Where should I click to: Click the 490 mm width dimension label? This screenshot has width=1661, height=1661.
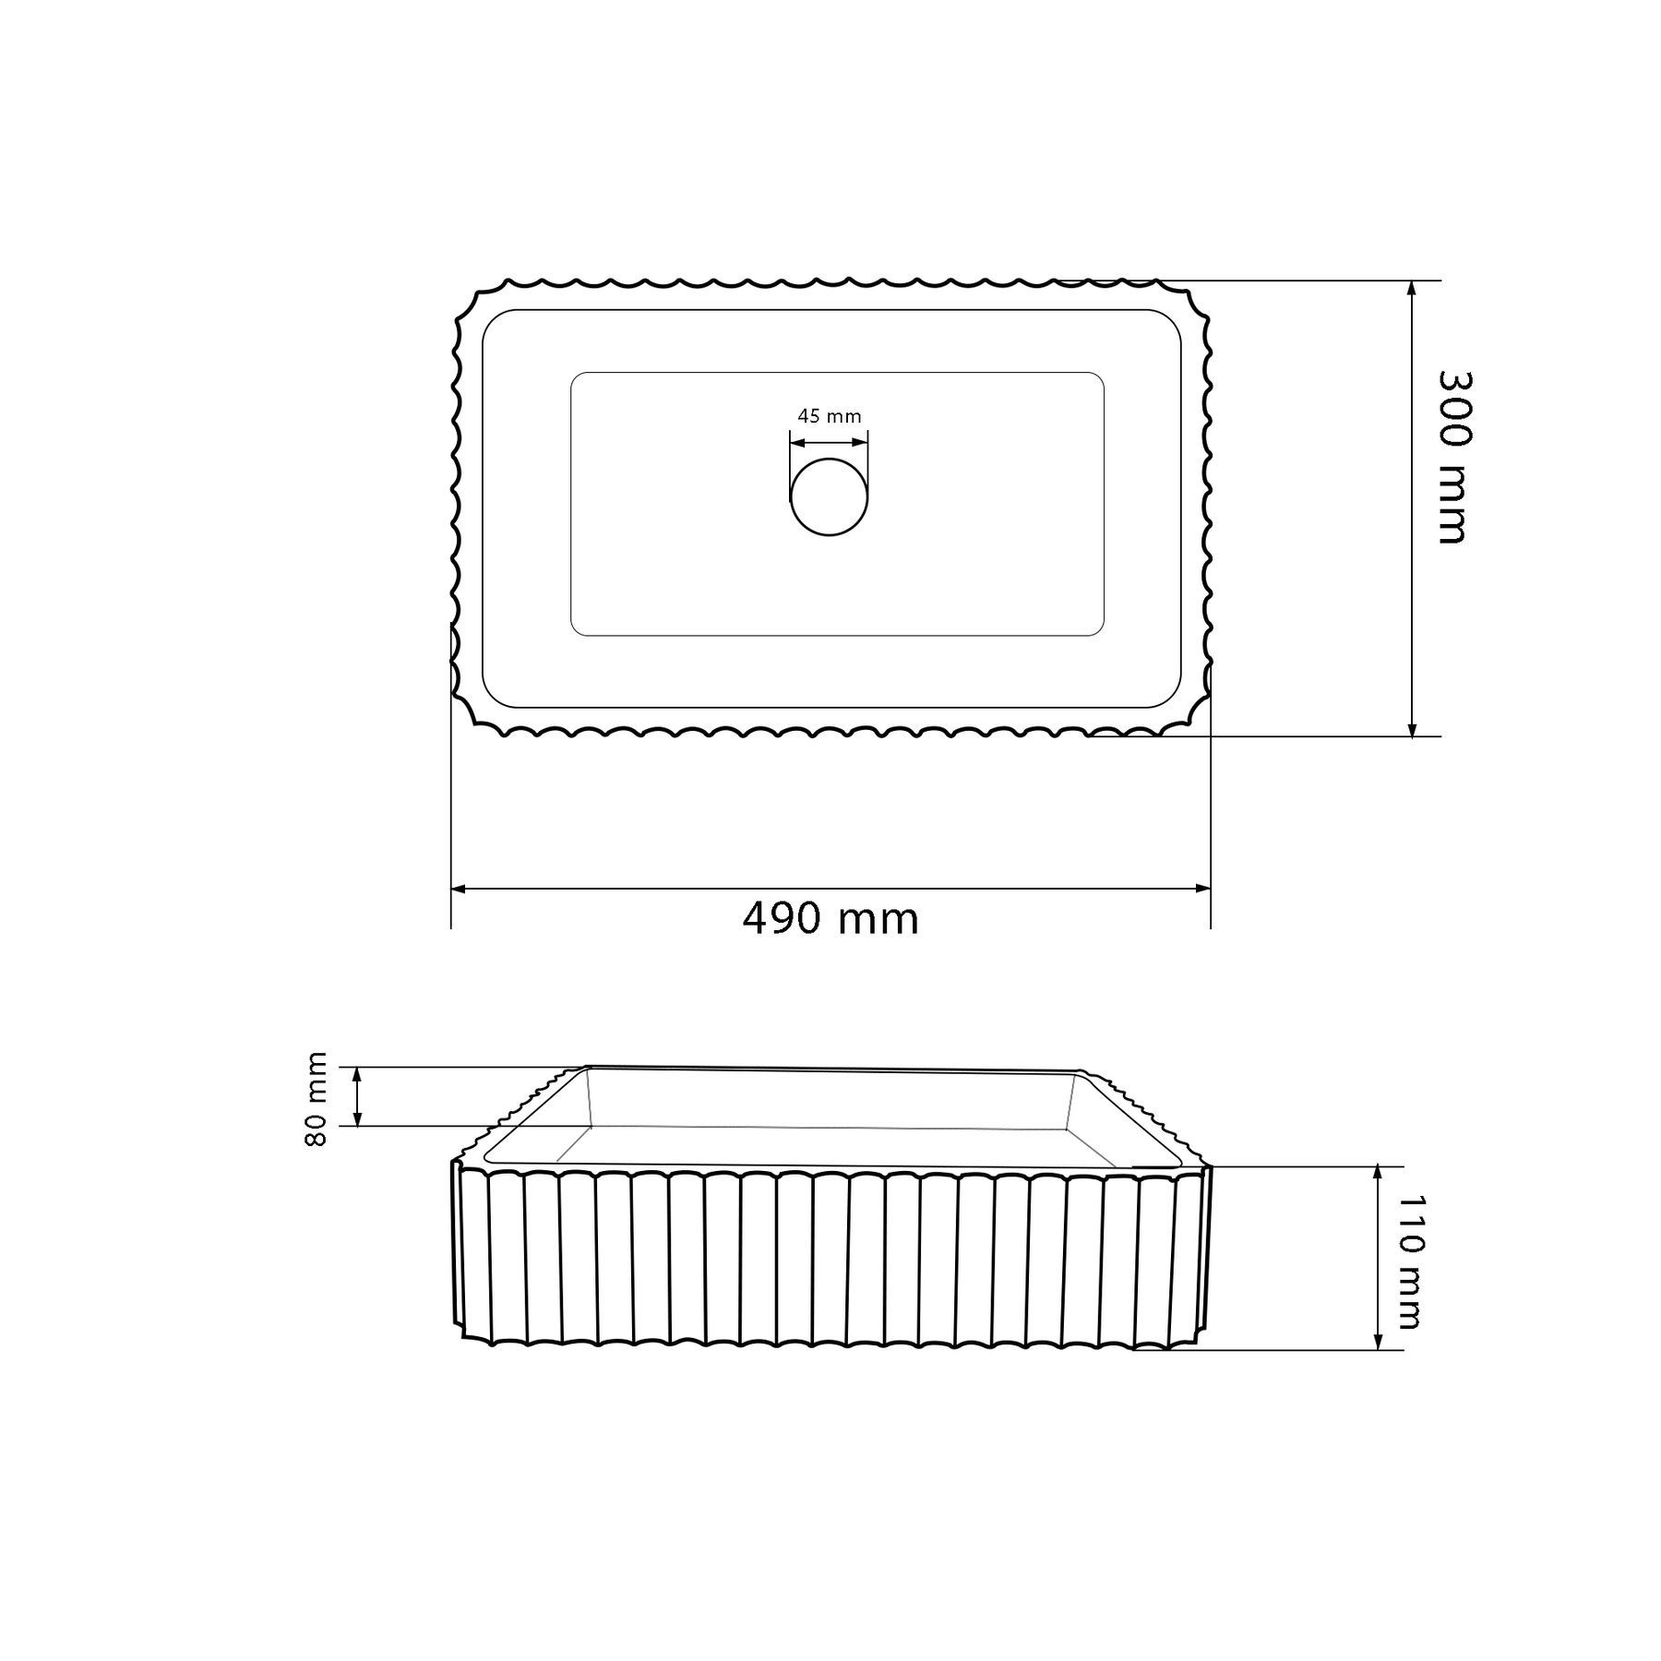830,918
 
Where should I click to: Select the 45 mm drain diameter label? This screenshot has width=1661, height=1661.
830,416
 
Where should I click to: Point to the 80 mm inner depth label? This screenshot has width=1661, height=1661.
317,1098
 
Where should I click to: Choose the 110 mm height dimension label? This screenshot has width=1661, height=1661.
1409,1262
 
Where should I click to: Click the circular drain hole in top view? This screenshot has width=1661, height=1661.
830,496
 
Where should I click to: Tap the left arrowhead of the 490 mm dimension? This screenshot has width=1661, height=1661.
459,889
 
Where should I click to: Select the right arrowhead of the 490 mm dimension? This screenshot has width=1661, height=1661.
1202,889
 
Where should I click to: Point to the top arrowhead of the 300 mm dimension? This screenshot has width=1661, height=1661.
1411,288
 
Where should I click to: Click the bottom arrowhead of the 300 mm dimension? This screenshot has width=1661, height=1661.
1411,728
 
